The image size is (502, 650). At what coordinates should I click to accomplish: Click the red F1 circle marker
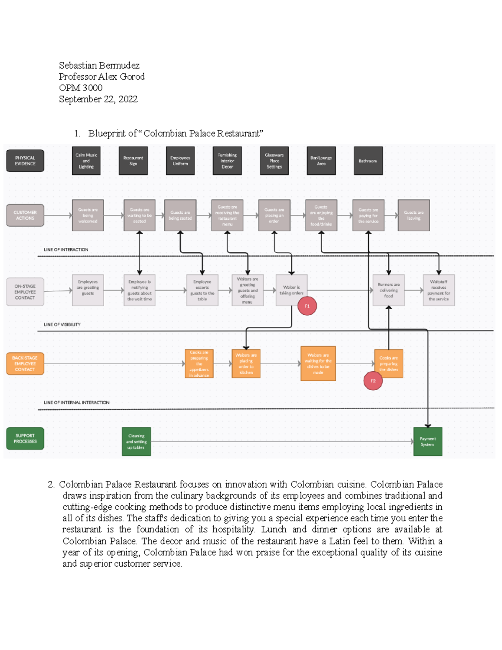[307, 306]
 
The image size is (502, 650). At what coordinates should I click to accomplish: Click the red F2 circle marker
[373, 381]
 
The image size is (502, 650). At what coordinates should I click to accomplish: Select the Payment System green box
[428, 442]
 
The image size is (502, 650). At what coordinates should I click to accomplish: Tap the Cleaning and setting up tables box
[136, 442]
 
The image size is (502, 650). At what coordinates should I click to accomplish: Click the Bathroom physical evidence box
[368, 161]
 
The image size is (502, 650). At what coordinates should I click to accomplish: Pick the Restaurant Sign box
[133, 161]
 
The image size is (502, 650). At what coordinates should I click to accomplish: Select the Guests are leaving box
[413, 215]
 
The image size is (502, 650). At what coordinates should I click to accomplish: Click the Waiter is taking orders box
[291, 290]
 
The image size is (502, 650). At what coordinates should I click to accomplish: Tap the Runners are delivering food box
[388, 290]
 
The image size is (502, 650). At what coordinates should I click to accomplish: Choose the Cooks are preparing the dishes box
[389, 364]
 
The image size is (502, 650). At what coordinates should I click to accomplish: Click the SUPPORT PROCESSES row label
[25, 438]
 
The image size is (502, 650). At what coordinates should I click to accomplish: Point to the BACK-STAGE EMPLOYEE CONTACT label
[25, 364]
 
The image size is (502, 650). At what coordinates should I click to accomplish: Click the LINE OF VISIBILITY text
[62, 324]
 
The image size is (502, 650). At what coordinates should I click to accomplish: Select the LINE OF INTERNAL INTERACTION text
[77, 403]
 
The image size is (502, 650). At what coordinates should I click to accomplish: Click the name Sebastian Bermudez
[99, 65]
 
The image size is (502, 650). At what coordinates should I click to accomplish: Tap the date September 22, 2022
[98, 99]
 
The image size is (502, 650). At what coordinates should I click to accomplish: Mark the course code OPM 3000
[80, 88]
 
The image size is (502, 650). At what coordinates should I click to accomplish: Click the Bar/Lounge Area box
[321, 161]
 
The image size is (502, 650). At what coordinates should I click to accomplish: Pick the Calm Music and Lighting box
[86, 161]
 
